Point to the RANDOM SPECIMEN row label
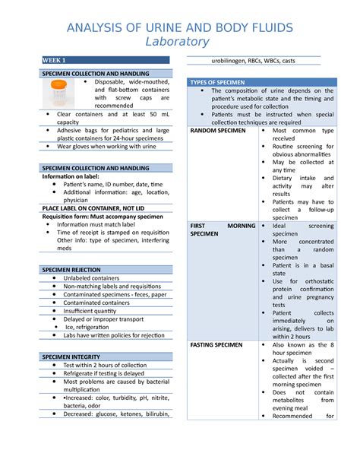coord(218,131)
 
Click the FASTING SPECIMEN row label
coord(216,344)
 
